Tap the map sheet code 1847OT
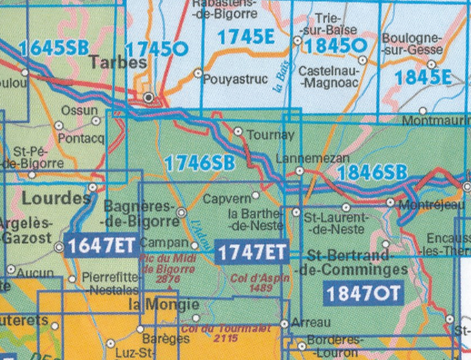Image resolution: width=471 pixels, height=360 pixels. pyautogui.click(x=363, y=292)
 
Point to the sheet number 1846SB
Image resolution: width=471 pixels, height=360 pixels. pyautogui.click(x=372, y=172)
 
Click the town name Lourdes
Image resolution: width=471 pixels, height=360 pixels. pyautogui.click(x=56, y=198)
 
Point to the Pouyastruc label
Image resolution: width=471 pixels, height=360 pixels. pyautogui.click(x=234, y=76)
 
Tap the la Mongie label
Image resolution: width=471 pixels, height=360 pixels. pyautogui.click(x=162, y=305)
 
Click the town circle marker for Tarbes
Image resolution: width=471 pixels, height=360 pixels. pyautogui.click(x=149, y=97)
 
